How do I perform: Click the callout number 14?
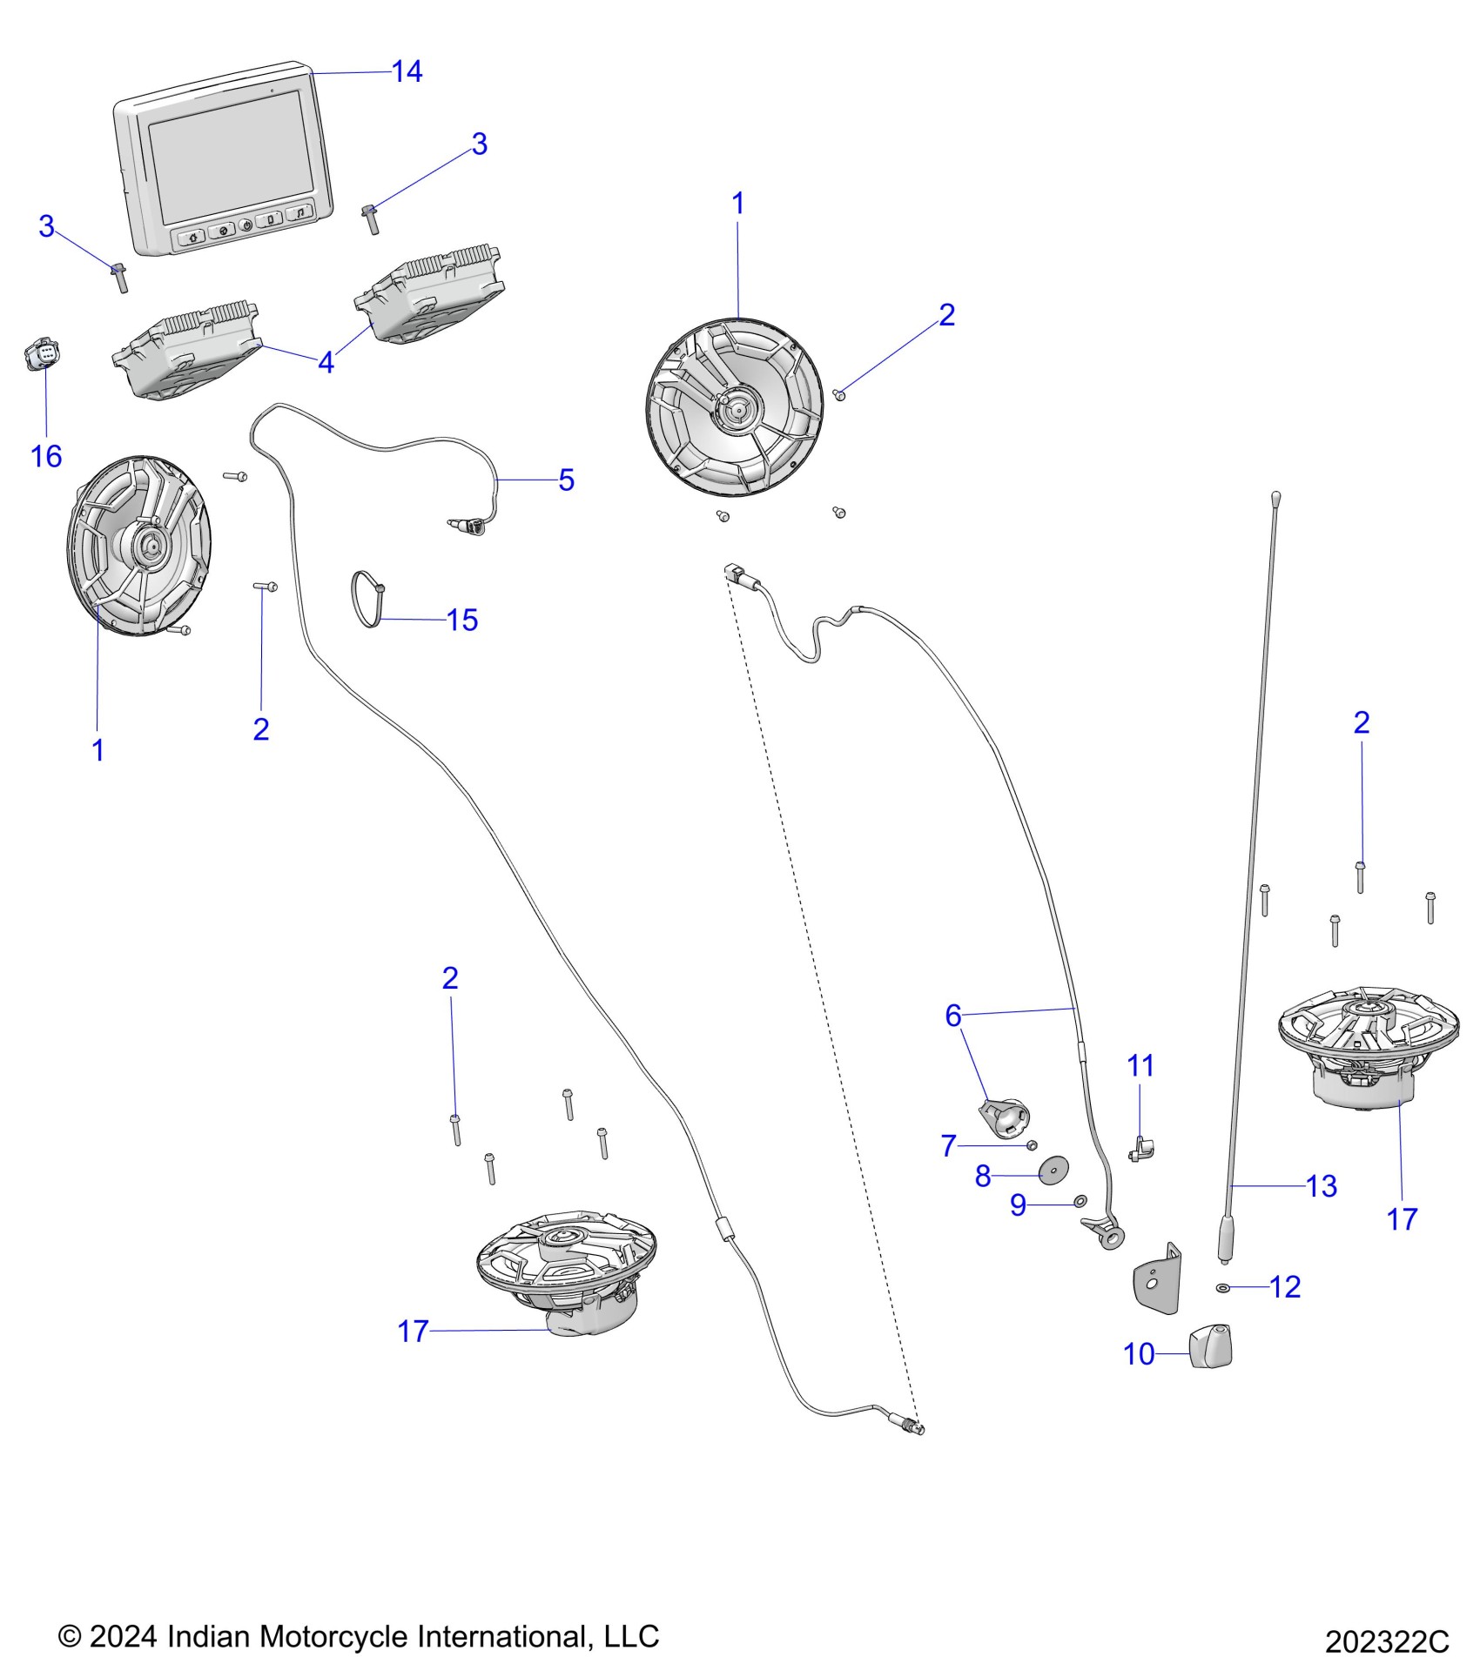click(x=407, y=71)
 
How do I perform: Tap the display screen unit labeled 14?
click(x=225, y=161)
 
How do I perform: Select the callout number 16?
click(x=46, y=456)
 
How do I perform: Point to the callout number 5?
click(x=566, y=480)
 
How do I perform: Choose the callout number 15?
click(x=462, y=620)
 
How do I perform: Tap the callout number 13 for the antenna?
click(x=1321, y=1185)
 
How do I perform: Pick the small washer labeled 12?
click(x=1223, y=1287)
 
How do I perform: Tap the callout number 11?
click(x=1140, y=1065)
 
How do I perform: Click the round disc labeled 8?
click(x=1054, y=1171)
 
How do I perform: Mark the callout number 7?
click(x=949, y=1145)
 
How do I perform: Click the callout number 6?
click(x=953, y=1015)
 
